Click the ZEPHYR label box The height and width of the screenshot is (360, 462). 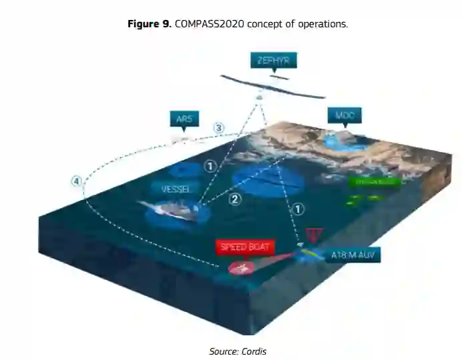(x=273, y=61)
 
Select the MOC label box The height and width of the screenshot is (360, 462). (x=344, y=115)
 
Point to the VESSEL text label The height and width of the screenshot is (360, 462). (x=176, y=189)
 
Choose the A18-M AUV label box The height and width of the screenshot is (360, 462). (x=355, y=255)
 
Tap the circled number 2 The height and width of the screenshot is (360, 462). (x=234, y=198)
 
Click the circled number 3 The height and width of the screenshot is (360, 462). (x=218, y=127)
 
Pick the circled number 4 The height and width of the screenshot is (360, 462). (x=77, y=181)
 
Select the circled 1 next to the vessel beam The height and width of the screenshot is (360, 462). (x=211, y=165)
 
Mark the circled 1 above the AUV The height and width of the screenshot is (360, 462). (x=298, y=209)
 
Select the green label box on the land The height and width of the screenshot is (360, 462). (x=374, y=181)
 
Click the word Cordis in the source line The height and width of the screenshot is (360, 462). (x=255, y=351)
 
